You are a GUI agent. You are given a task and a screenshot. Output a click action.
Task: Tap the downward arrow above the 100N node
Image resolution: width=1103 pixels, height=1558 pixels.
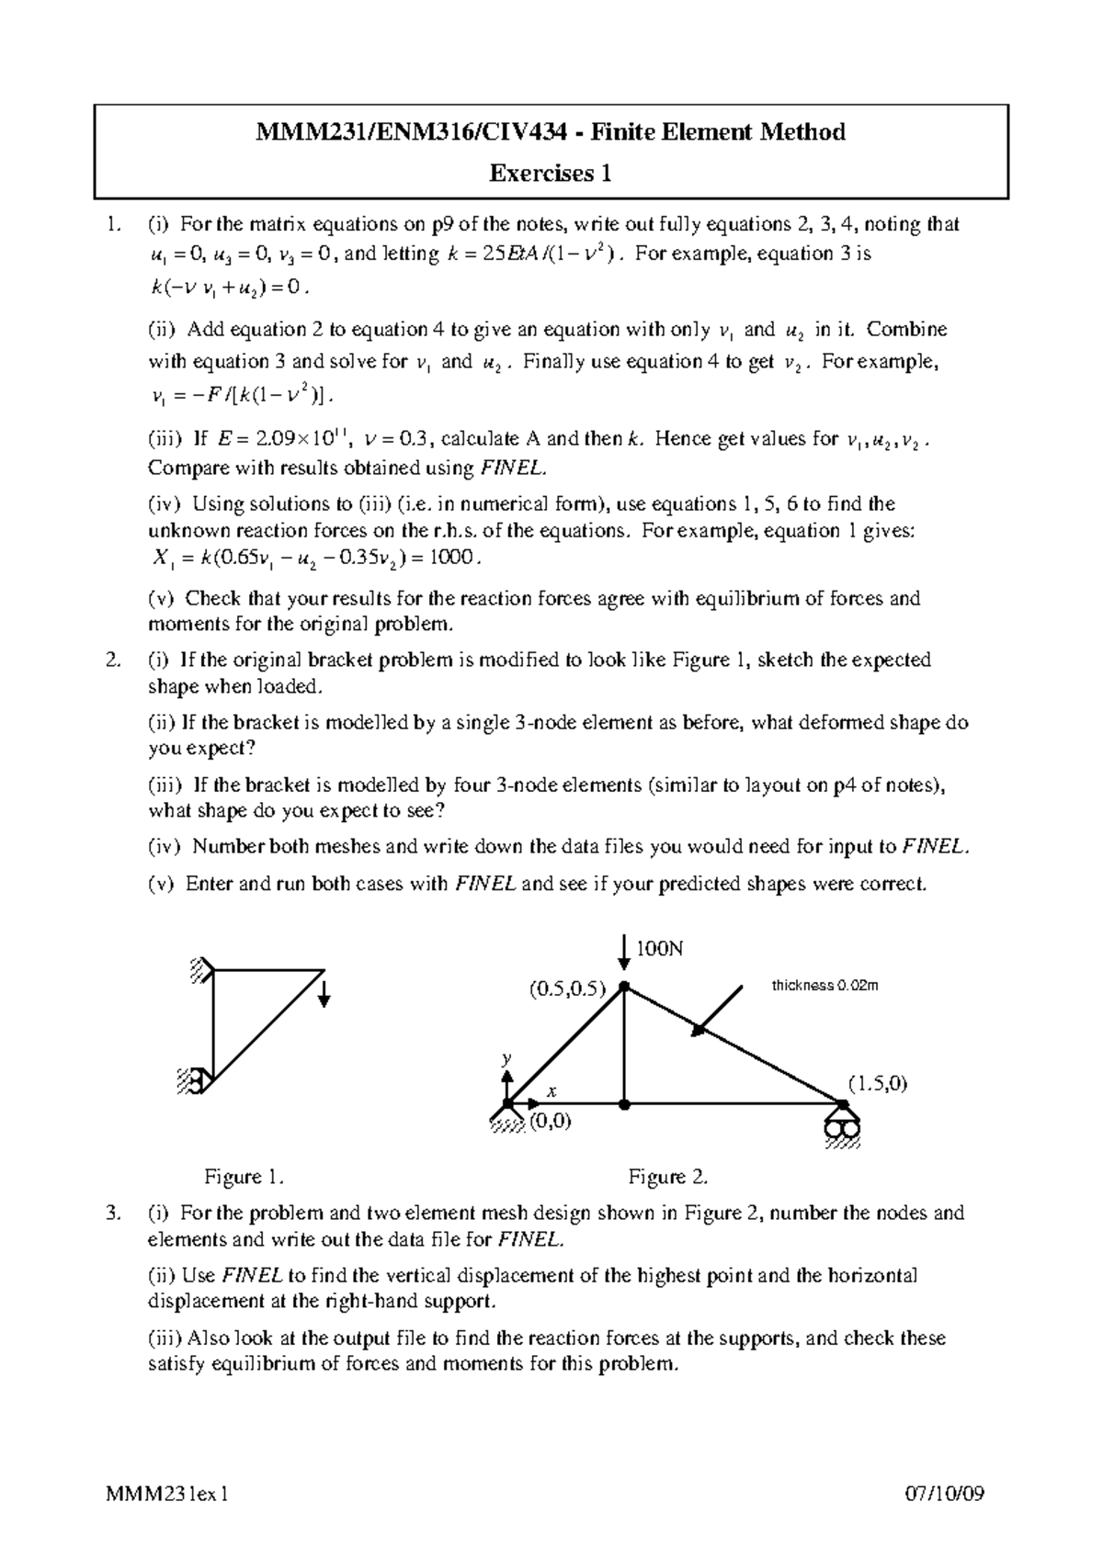(x=624, y=954)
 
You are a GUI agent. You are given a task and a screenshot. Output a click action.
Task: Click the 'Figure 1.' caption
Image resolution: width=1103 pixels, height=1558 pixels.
(x=244, y=1177)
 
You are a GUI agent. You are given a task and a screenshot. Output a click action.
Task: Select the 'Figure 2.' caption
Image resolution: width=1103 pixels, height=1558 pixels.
(x=667, y=1177)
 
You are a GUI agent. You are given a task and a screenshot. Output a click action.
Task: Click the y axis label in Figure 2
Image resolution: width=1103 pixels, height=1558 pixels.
(x=506, y=1058)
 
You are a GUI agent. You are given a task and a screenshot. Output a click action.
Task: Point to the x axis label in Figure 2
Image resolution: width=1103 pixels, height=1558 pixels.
(x=552, y=1091)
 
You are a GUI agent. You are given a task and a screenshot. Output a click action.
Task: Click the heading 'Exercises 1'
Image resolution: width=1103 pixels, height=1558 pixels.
(x=551, y=173)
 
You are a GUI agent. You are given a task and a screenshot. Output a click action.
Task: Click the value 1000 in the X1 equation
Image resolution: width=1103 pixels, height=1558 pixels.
(x=456, y=558)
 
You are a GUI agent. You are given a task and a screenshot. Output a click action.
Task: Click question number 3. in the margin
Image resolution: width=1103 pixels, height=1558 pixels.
(x=112, y=1213)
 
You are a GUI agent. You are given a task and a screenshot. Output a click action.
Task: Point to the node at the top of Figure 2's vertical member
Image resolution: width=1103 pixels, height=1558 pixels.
(x=624, y=987)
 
